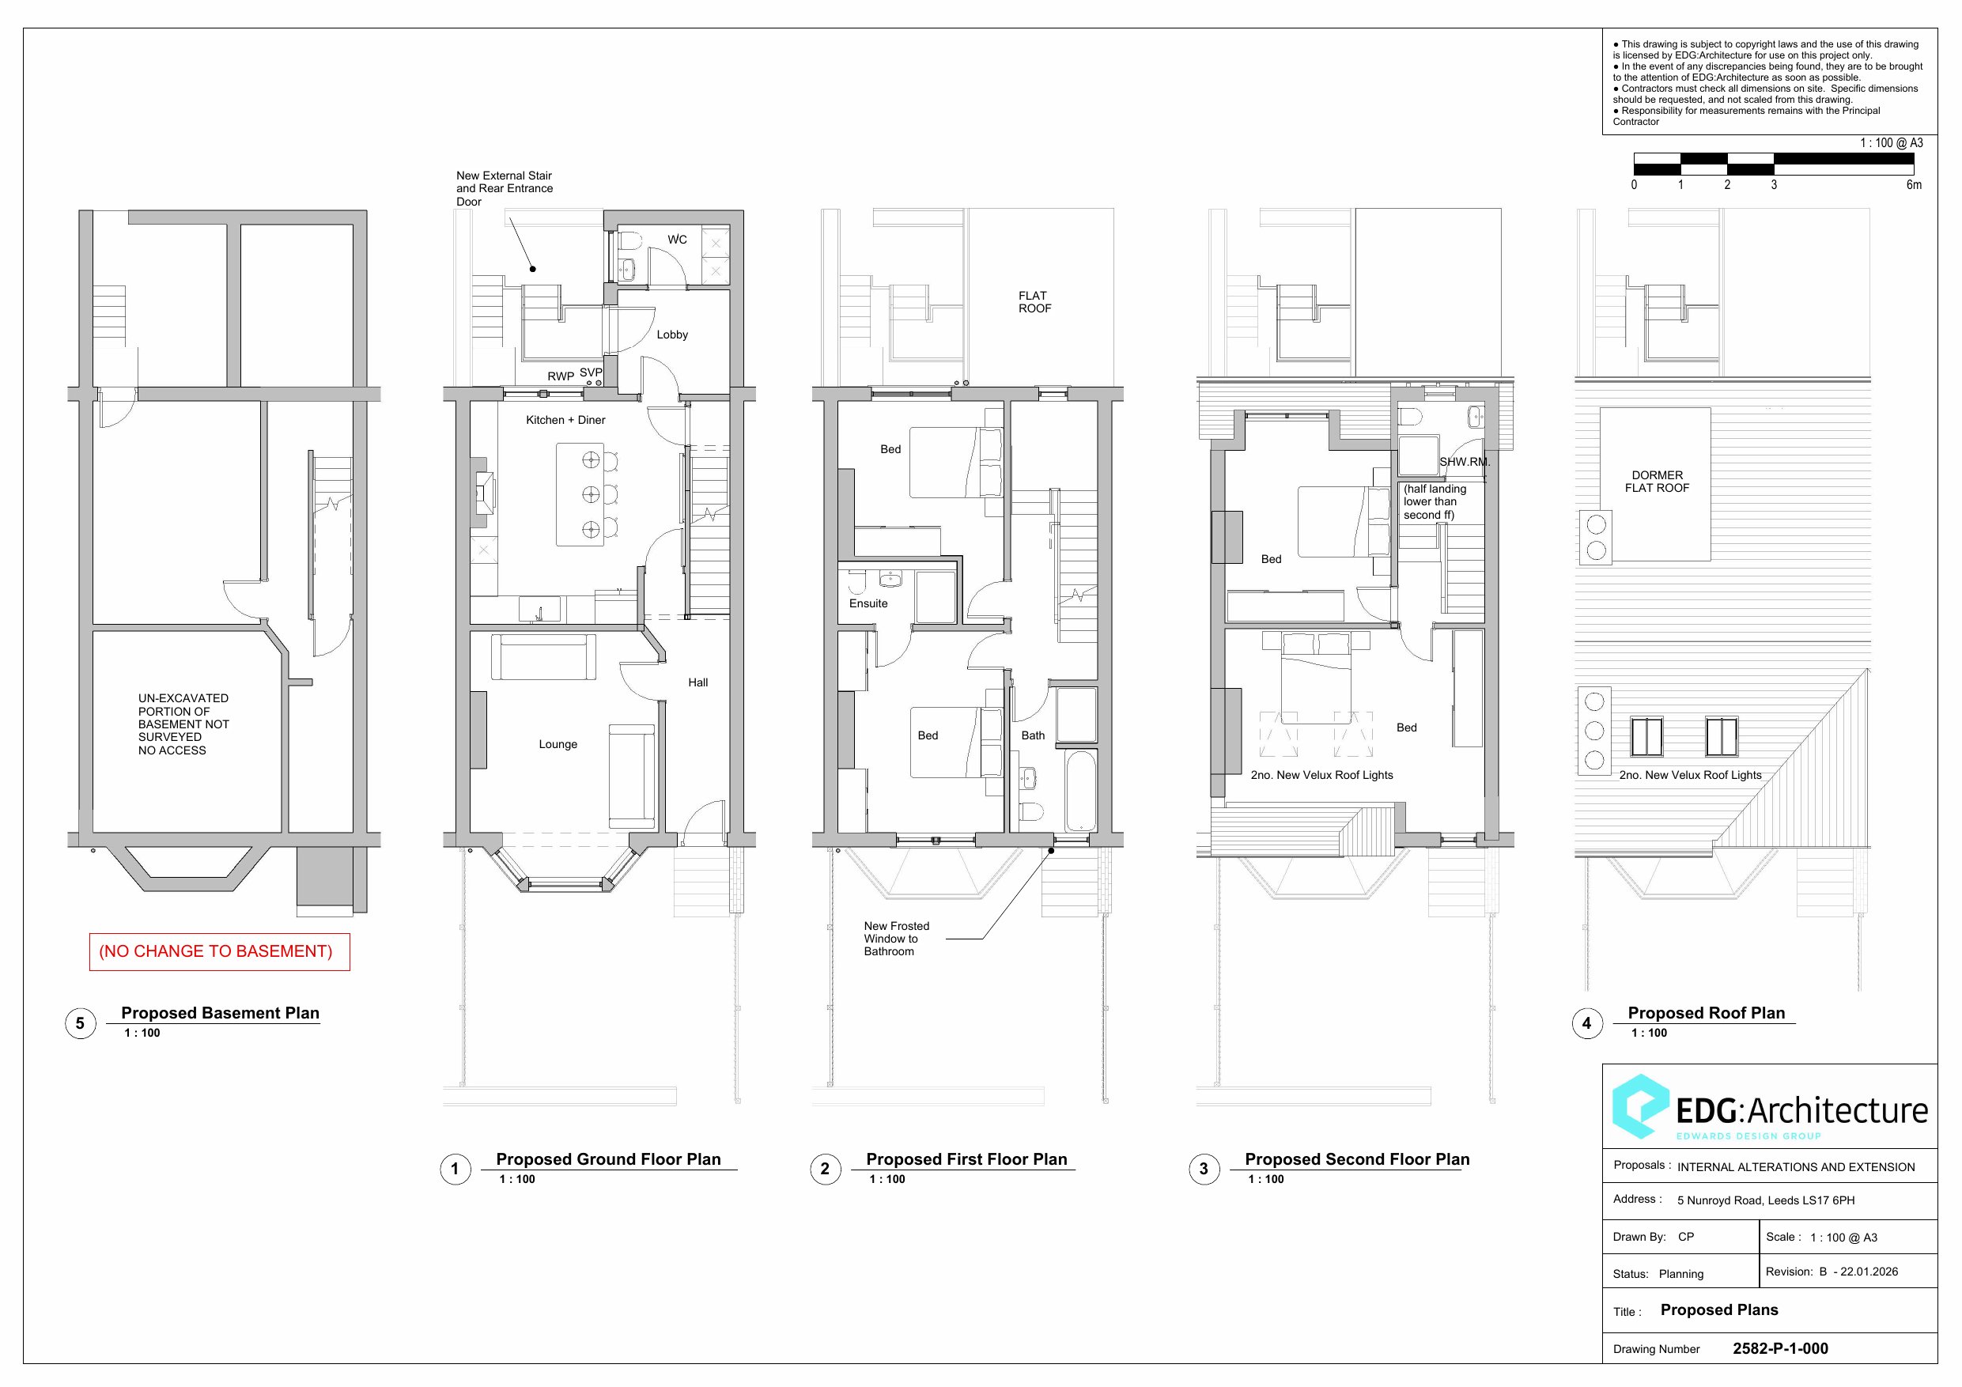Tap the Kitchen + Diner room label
[x=565, y=420]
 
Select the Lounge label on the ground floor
[x=558, y=744]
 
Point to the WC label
[x=678, y=240]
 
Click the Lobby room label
[x=672, y=334]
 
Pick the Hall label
[x=698, y=682]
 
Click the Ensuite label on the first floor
[x=868, y=603]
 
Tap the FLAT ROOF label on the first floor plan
[x=1034, y=301]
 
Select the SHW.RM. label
[x=1465, y=462]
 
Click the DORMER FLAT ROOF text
[x=1657, y=481]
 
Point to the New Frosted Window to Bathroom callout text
[x=897, y=939]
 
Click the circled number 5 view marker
[x=81, y=1023]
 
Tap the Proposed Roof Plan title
[x=1707, y=1013]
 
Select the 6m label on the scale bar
[x=1914, y=184]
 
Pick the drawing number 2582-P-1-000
[x=1780, y=1348]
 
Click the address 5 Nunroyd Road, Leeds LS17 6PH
[x=1765, y=1200]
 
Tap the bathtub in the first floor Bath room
[x=1081, y=792]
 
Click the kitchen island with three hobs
[x=580, y=494]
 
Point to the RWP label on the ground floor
[x=561, y=376]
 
